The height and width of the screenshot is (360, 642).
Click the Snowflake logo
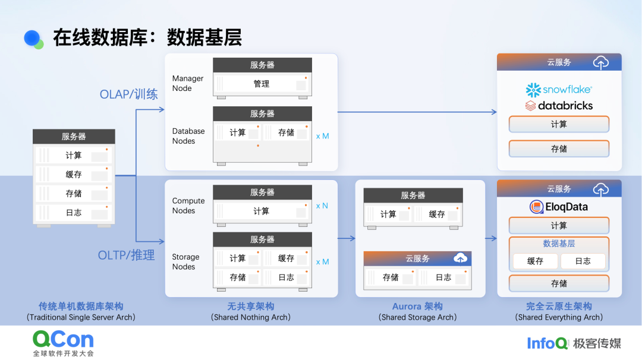pyautogui.click(x=558, y=90)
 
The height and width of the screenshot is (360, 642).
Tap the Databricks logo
pyautogui.click(x=559, y=106)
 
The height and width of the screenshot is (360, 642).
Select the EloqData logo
pyautogui.click(x=558, y=207)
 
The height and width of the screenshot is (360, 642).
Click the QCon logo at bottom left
pyautogui.click(x=63, y=343)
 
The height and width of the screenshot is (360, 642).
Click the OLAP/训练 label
pyautogui.click(x=128, y=94)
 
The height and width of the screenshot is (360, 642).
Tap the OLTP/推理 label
pyautogui.click(x=126, y=255)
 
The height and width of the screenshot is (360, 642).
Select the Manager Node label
pyautogui.click(x=187, y=83)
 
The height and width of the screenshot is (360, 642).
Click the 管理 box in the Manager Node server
pyautogui.click(x=262, y=84)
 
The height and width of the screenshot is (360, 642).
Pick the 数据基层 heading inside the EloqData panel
pyautogui.click(x=559, y=244)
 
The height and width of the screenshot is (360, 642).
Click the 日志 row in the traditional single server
pyautogui.click(x=74, y=212)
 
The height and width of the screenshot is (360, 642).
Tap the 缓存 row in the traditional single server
pyautogui.click(x=74, y=175)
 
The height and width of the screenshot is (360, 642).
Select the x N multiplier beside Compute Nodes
pyautogui.click(x=322, y=206)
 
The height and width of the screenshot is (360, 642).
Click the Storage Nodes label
pyautogui.click(x=185, y=262)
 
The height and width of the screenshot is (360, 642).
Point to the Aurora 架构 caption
pyautogui.click(x=417, y=307)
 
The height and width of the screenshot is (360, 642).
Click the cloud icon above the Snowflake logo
pyautogui.click(x=601, y=62)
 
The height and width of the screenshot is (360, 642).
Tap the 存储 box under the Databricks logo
pyautogui.click(x=559, y=149)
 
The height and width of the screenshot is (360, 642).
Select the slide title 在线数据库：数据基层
pyautogui.click(x=147, y=37)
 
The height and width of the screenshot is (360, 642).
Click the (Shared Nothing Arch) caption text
pyautogui.click(x=250, y=317)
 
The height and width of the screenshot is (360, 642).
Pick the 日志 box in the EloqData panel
pyautogui.click(x=583, y=261)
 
